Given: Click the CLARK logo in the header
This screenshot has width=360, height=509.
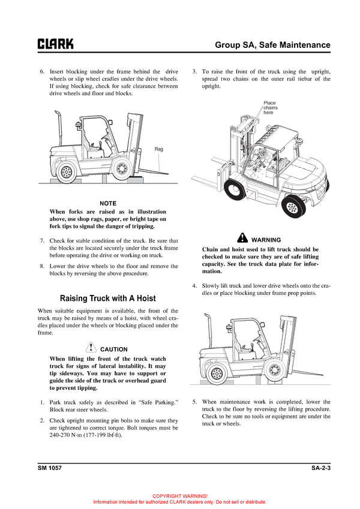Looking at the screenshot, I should [x=56, y=44].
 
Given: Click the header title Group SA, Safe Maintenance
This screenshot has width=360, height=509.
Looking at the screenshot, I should [x=273, y=45].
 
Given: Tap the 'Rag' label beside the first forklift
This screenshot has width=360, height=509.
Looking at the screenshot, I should [x=158, y=149].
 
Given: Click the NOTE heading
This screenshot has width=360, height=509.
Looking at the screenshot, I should [x=108, y=203].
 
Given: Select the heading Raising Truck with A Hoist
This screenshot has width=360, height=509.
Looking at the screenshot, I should [x=108, y=298].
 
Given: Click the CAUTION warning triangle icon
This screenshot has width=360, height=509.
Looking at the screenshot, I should [x=91, y=348].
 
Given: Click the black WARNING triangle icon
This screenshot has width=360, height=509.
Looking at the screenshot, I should [x=242, y=239].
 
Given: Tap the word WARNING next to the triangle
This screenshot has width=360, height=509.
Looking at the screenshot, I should [x=266, y=240].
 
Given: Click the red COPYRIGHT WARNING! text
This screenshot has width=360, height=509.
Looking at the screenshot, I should [x=180, y=496].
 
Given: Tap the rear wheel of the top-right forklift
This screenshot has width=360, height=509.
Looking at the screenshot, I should [x=292, y=208].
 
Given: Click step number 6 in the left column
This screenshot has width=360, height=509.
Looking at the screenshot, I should [x=42, y=71].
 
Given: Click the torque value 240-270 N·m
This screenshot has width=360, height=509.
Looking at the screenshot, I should [x=71, y=451].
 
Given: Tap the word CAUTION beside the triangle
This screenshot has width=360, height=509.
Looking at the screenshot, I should [x=114, y=349].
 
